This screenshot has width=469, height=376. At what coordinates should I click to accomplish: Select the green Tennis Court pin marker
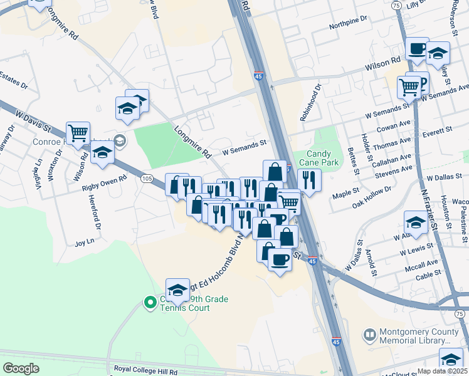point(150,304)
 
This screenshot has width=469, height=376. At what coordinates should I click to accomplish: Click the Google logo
point(21,368)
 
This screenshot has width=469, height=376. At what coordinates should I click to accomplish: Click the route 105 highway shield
point(147,179)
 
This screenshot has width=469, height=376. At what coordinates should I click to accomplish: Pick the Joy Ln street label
point(84,241)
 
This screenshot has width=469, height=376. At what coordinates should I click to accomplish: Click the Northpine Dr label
point(347,21)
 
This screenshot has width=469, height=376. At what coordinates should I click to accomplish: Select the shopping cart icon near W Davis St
point(78,133)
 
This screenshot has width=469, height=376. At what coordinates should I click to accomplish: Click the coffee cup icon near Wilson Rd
point(416,50)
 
